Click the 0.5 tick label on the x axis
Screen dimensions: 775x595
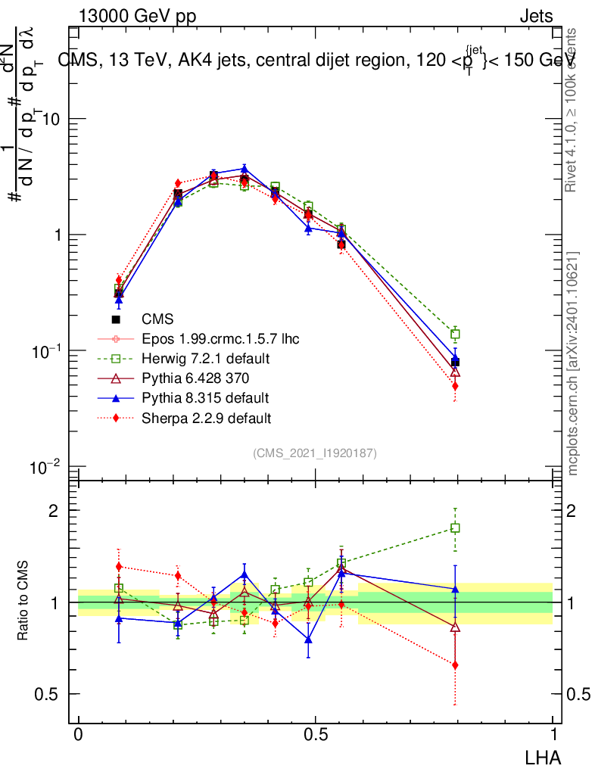pyautogui.click(x=315, y=735)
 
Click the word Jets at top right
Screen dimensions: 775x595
pyautogui.click(x=536, y=17)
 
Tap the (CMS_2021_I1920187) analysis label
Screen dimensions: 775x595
pyautogui.click(x=315, y=453)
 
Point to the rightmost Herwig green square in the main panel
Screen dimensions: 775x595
pyautogui.click(x=455, y=335)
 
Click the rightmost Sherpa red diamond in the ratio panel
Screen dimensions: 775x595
pyautogui.click(x=455, y=665)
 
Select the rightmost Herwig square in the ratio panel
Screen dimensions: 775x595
pyautogui.click(x=455, y=528)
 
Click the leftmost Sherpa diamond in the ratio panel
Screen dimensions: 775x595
pyautogui.click(x=118, y=567)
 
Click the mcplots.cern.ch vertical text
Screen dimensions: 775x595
pyautogui.click(x=573, y=363)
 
